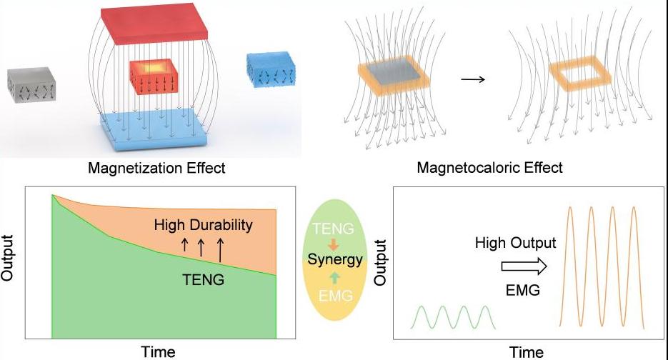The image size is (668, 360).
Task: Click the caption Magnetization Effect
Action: click(156, 169)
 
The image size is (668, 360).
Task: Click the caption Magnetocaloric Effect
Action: click(490, 169)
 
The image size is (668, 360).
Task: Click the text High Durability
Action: click(203, 226)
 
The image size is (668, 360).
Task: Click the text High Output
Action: click(515, 244)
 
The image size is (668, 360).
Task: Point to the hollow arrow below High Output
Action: click(524, 266)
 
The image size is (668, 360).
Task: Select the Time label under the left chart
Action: click(158, 351)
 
